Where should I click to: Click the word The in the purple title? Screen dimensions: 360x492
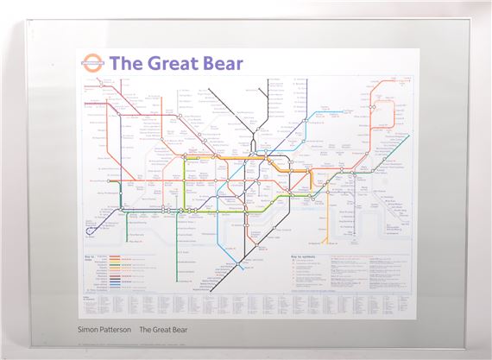point(126,63)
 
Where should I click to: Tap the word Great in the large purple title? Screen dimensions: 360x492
point(175,63)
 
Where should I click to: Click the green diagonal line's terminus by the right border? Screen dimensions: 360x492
point(407,136)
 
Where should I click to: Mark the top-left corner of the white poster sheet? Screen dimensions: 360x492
point(77,48)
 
